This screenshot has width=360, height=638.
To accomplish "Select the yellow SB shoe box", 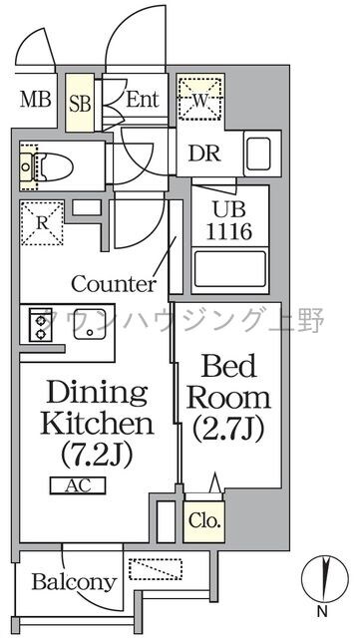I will click(x=79, y=103).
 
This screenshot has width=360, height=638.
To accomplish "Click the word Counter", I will click(x=113, y=283).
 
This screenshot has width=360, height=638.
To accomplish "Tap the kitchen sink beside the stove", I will click(x=91, y=321).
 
